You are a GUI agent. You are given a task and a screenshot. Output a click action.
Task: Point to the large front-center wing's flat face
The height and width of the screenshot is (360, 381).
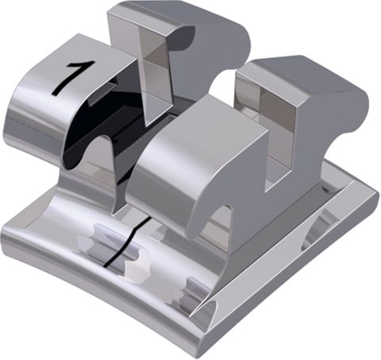[x=183, y=159]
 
